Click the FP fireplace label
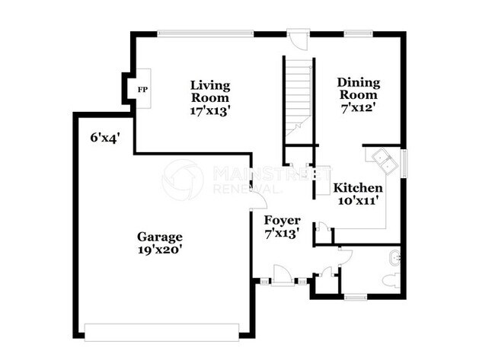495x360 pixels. pyautogui.click(x=141, y=89)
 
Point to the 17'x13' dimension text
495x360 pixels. pyautogui.click(x=210, y=110)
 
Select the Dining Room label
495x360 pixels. pyautogui.click(x=358, y=88)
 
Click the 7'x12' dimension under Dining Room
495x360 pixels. pyautogui.click(x=358, y=108)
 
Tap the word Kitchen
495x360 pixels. pyautogui.click(x=359, y=188)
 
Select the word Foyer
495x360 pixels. pyautogui.click(x=282, y=221)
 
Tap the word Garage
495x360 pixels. pyautogui.click(x=160, y=236)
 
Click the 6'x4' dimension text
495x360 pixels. pyautogui.click(x=106, y=138)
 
